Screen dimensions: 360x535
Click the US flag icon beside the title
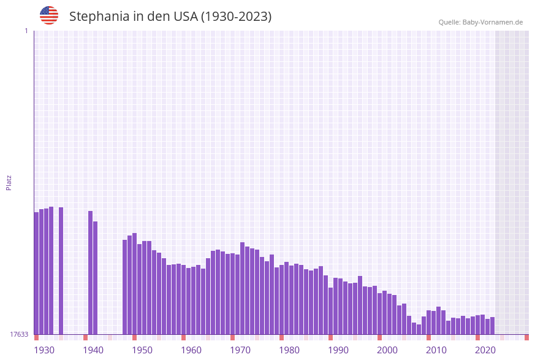click(49, 15)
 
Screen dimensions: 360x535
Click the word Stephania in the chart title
click(98, 17)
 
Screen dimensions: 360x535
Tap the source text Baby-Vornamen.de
click(493, 22)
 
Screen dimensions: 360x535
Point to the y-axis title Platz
click(9, 182)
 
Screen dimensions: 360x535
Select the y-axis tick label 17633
click(19, 334)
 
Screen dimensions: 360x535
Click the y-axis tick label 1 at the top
click(26, 31)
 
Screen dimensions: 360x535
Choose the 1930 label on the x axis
click(44, 350)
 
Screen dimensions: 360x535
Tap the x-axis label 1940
click(93, 350)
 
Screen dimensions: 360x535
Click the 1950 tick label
click(142, 350)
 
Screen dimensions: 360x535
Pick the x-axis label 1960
click(191, 350)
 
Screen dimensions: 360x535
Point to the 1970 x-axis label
click(240, 350)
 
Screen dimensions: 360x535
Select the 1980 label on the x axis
click(289, 350)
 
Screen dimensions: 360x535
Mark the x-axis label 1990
click(338, 350)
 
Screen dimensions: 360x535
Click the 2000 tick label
click(387, 350)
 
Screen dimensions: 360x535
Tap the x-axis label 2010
click(436, 350)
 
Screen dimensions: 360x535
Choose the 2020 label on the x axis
click(485, 350)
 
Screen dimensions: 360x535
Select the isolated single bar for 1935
click(61, 270)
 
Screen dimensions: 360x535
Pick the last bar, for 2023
click(492, 326)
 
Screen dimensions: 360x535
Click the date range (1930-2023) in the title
click(236, 17)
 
